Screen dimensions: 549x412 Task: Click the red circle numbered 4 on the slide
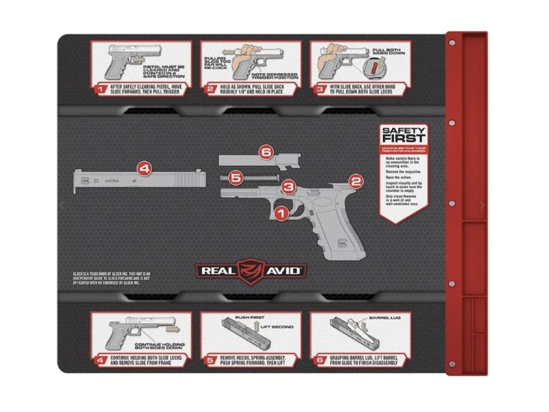click(x=143, y=168)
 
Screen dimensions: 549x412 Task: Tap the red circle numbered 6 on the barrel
click(x=266, y=152)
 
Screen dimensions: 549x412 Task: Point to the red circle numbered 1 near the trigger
click(x=280, y=213)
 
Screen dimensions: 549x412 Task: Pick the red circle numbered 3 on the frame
click(x=289, y=187)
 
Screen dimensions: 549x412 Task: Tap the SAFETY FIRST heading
click(x=403, y=134)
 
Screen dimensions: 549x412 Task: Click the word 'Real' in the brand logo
click(x=217, y=270)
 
